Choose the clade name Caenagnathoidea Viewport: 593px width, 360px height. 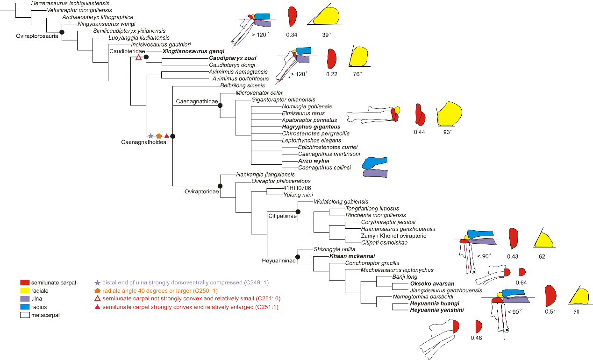pyautogui.click(x=136, y=142)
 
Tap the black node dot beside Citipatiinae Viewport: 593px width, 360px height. pyautogui.click(x=299, y=212)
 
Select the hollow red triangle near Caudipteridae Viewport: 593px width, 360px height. pyautogui.click(x=138, y=57)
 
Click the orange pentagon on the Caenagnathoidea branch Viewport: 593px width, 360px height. pyautogui.click(x=158, y=136)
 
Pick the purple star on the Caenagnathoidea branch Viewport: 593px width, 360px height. pyautogui.click(x=150, y=136)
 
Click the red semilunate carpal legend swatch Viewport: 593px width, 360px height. pyautogui.click(x=26, y=282)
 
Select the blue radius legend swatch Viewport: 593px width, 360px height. pyautogui.click(x=26, y=307)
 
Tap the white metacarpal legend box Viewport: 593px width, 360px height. pyautogui.click(x=26, y=315)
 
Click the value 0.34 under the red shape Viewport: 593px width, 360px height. pyautogui.click(x=292, y=35)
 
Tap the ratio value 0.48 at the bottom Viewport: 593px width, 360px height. pyautogui.click(x=476, y=338)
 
